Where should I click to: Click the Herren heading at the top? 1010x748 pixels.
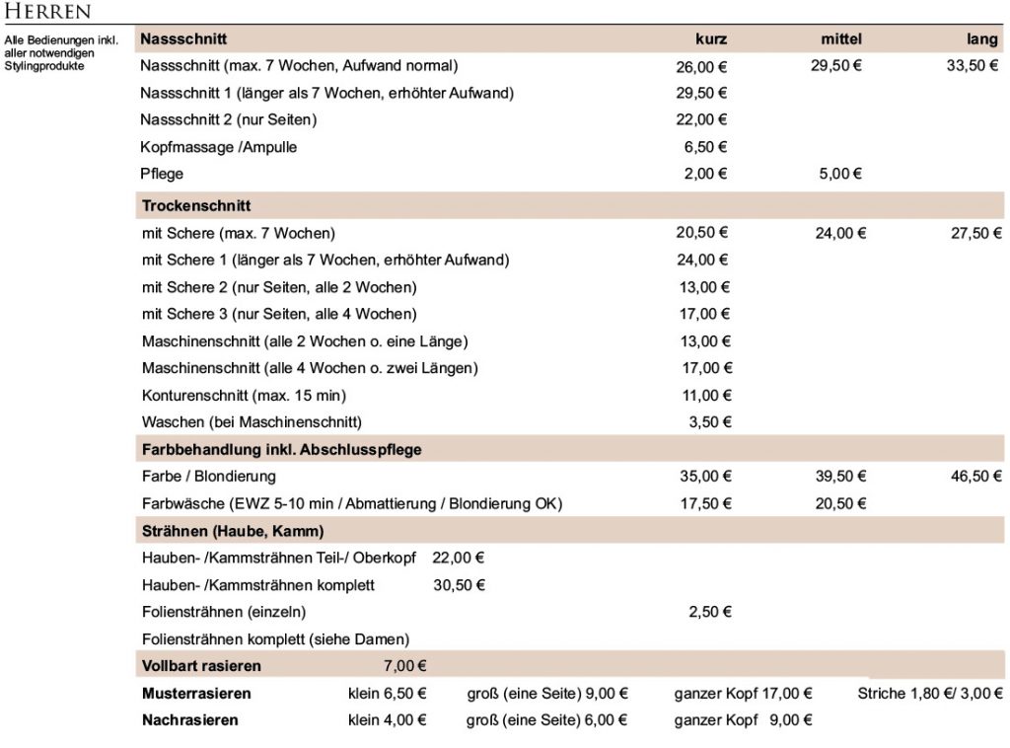48,12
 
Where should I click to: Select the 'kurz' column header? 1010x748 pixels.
711,39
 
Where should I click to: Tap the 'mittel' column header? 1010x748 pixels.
841,39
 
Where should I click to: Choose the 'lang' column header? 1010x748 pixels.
982,39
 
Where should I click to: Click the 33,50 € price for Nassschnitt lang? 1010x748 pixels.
971,67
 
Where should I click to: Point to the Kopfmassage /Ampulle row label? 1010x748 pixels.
218,147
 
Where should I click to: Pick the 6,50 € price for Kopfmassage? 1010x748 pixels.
705,147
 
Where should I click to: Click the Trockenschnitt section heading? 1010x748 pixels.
196,206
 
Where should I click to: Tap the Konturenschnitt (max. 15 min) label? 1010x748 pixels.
244,396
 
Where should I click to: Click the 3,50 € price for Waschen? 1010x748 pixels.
709,422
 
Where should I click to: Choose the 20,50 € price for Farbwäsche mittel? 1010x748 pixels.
838,503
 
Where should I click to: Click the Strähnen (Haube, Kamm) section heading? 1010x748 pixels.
233,532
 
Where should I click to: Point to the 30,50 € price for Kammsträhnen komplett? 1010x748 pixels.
459,585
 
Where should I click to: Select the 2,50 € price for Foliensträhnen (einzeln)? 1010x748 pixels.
709,612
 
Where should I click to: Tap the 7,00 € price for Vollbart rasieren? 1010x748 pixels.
405,666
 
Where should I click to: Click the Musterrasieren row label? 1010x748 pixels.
196,694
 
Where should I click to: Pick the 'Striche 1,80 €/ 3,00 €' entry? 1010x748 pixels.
930,694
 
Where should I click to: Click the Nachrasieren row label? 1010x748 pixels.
190,720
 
